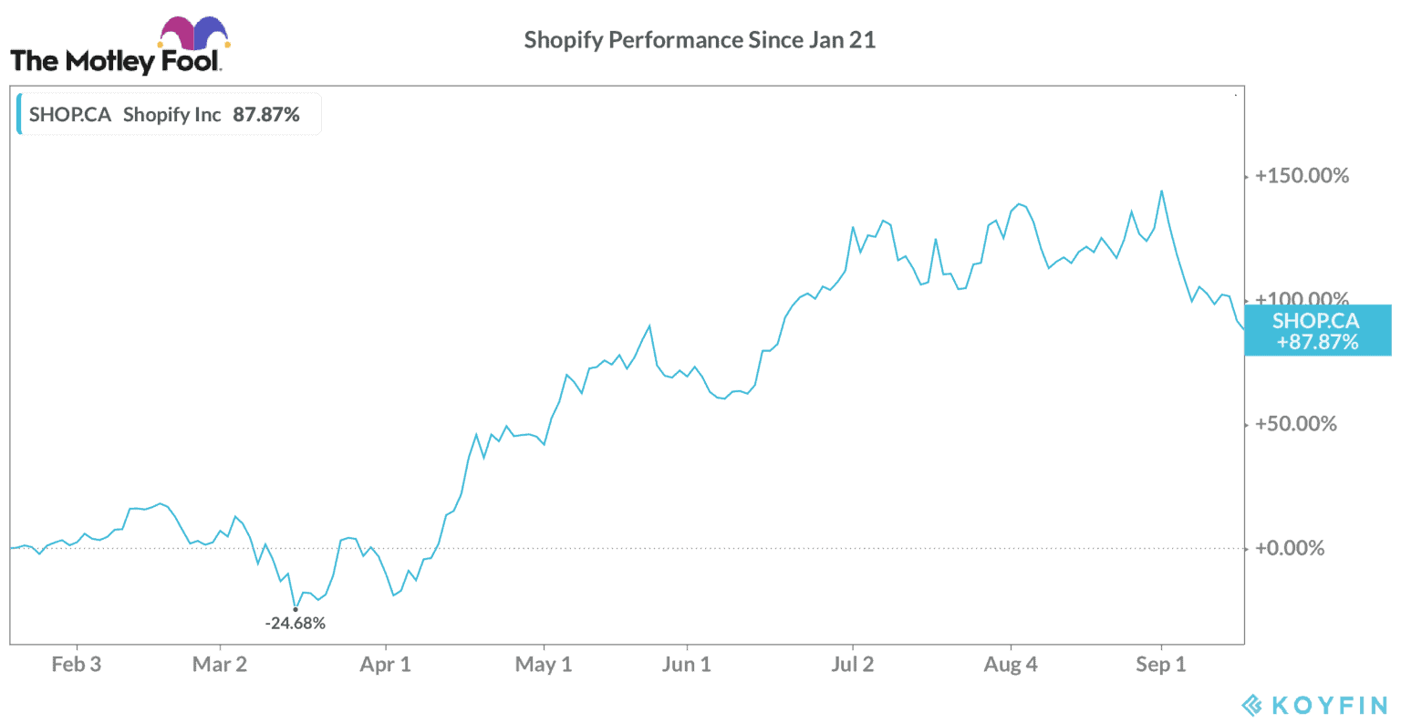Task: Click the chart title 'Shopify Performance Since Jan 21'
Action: [700, 40]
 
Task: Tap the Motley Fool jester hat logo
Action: [194, 33]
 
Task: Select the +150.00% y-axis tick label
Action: [1302, 176]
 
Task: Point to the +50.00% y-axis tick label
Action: [1295, 424]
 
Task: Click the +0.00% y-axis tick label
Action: [1290, 548]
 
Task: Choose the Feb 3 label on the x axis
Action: [77, 665]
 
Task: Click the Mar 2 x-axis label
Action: [220, 665]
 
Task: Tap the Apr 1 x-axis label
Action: [386, 665]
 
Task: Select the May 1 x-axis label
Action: [544, 665]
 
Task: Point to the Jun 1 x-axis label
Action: [687, 665]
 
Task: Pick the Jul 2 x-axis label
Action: [852, 665]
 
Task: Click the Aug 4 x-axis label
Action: [1011, 665]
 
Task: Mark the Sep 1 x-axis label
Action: [1161, 665]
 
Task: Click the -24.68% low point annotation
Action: [296, 624]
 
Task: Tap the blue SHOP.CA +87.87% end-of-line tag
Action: [1317, 331]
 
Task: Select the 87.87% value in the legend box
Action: [266, 115]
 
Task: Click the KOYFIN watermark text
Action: [1328, 705]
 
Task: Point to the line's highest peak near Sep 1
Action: [1161, 191]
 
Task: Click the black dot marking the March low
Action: [296, 609]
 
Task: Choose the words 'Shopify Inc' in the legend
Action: [171, 115]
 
